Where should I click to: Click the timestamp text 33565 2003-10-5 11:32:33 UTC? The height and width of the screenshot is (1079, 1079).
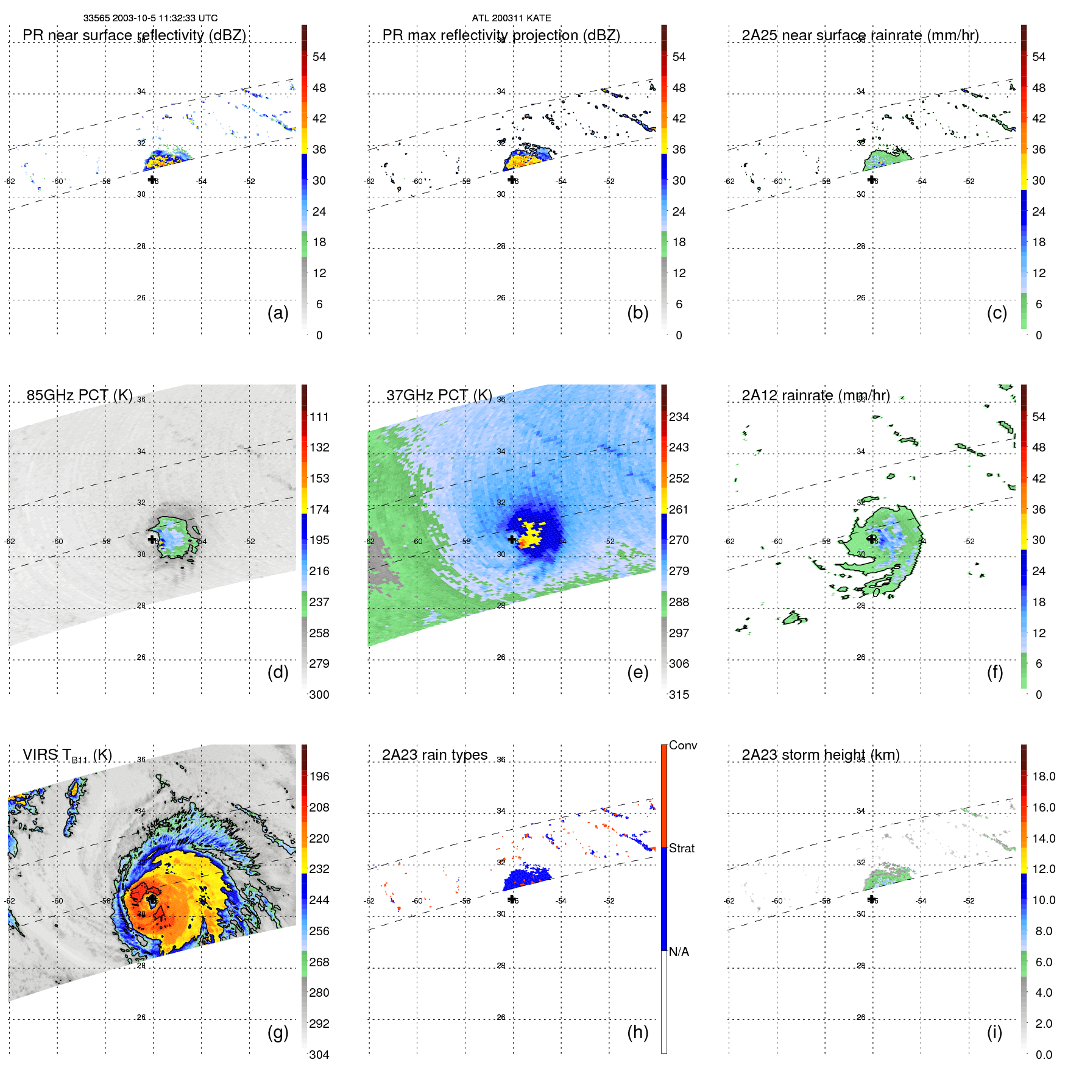coord(150,18)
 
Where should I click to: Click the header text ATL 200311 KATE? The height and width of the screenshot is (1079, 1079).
coord(511,18)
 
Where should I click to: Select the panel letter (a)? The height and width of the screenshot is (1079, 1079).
coord(278,313)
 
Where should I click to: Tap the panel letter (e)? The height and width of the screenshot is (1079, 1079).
coord(637,672)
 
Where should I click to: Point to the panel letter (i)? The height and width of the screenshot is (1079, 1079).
coord(994,1032)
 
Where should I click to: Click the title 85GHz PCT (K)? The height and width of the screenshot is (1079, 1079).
coord(79,395)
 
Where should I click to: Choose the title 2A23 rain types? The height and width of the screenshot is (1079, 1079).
coord(434,755)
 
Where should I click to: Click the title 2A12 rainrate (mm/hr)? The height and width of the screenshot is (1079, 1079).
coord(815,395)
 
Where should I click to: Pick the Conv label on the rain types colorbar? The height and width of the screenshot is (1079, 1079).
coord(683,745)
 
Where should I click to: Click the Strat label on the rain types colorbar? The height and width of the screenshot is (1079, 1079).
coord(682,848)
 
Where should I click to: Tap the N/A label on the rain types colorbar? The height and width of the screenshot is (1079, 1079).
coord(679,952)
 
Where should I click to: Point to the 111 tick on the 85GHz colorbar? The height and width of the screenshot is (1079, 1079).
coord(319,417)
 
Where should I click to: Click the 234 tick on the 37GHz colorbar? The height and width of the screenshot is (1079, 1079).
coord(679,417)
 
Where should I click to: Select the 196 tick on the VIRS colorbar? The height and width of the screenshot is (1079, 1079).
coord(319,776)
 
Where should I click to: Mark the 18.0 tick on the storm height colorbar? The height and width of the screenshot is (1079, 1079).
coord(1044,776)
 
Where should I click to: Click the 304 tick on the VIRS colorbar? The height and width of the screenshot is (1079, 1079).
coord(319,1055)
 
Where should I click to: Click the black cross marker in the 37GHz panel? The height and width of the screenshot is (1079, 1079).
coord(512,540)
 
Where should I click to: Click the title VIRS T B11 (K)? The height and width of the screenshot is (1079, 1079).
coord(67,755)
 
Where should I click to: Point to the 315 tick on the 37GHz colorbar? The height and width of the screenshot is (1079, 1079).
coord(679,695)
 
